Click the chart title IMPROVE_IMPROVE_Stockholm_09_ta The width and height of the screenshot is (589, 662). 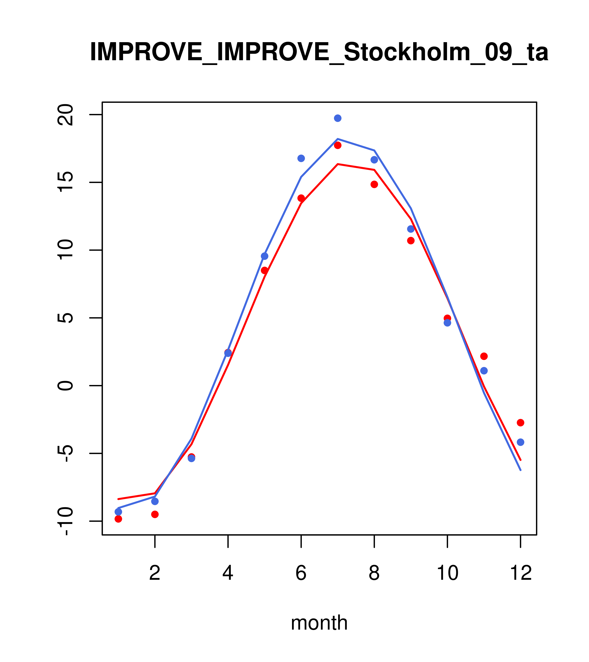pos(319,52)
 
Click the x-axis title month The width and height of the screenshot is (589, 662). pos(319,623)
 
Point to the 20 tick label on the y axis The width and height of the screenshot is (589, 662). pos(65,115)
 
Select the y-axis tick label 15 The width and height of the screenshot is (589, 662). pos(65,182)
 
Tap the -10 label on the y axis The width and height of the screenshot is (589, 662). pos(65,521)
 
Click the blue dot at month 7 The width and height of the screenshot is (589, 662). pos(338,118)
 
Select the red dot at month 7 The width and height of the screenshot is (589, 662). pos(338,145)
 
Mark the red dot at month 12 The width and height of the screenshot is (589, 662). pos(521,423)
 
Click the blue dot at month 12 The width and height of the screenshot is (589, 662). pos(521,442)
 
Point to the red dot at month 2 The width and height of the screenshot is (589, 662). pos(155,514)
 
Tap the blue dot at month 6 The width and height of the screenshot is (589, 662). pos(301,158)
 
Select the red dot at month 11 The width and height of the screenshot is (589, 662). pos(484,356)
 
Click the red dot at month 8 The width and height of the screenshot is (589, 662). pos(374,184)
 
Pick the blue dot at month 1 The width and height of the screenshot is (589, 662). pos(118,512)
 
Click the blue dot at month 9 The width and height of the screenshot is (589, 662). pos(411,229)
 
